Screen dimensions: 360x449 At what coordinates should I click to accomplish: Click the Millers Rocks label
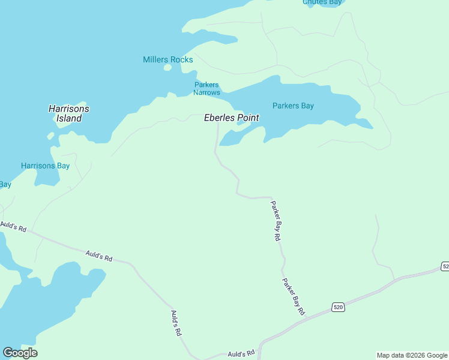[168, 59]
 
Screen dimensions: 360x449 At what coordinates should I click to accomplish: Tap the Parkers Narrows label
[206, 89]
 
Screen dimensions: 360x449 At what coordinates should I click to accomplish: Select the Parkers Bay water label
[293, 106]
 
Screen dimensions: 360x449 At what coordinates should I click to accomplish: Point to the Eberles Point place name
[232, 118]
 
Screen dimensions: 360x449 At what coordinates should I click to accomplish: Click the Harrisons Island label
[69, 113]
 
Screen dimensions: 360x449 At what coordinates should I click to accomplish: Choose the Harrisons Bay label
[45, 166]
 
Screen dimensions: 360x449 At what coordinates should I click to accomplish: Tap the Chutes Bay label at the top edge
[322, 2]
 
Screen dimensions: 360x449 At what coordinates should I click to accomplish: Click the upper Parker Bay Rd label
[275, 221]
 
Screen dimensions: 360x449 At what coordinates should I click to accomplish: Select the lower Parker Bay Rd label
[294, 296]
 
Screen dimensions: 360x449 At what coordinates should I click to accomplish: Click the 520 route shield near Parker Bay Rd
[338, 307]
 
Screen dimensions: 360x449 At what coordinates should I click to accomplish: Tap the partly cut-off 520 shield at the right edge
[445, 266]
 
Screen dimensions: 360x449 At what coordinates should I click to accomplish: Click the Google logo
[20, 353]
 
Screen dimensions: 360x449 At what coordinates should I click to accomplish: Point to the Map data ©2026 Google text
[412, 355]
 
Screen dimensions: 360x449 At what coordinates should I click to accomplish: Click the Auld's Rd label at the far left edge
[13, 227]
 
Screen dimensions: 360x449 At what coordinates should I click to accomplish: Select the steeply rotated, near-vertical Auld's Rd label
[175, 323]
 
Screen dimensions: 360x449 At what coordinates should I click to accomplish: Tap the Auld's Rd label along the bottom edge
[241, 354]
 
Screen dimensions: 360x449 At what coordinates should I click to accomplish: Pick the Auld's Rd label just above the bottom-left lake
[99, 256]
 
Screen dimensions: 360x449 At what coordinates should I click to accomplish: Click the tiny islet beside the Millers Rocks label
[168, 68]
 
